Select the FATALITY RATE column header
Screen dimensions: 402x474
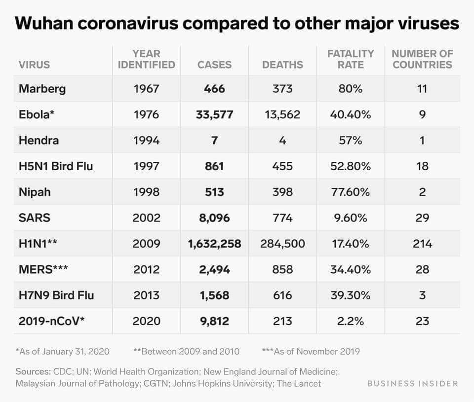[x=351, y=59]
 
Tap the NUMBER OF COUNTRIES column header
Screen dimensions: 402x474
[x=422, y=59]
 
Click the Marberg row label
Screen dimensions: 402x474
[x=42, y=89]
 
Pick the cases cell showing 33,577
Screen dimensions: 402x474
[x=214, y=114]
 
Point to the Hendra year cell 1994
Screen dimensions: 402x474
[x=146, y=140]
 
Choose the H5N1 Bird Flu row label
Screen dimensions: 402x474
[x=56, y=166]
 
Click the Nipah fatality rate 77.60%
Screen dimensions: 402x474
[x=351, y=192]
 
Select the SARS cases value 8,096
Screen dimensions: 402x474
[x=214, y=218]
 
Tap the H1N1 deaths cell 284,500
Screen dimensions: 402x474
[x=282, y=244]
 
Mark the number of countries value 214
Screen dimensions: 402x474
[x=422, y=244]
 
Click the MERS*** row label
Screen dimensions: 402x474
[x=43, y=269]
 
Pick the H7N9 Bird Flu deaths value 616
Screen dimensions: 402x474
[x=282, y=295]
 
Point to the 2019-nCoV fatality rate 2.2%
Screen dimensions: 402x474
[x=351, y=321]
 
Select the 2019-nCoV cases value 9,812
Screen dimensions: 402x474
[x=214, y=321]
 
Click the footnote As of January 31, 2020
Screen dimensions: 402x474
[x=63, y=352]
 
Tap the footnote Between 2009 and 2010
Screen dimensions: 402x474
[x=186, y=352]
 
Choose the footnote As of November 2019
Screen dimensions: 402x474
[x=311, y=352]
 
